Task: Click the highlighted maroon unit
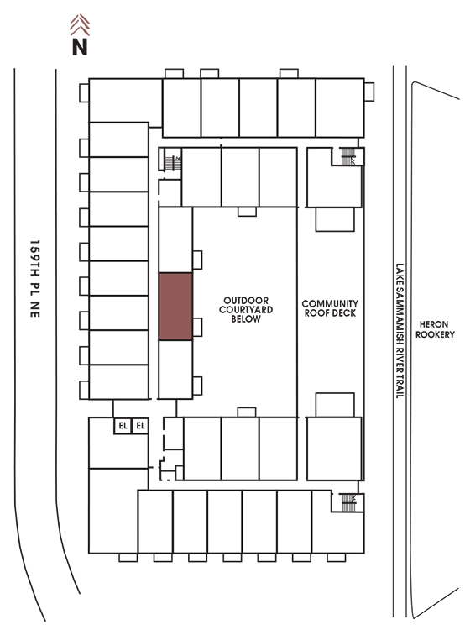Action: (x=175, y=307)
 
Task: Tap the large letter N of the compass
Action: (x=80, y=46)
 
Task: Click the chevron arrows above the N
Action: (x=80, y=25)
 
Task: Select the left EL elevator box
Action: (x=123, y=426)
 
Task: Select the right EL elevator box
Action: (x=140, y=426)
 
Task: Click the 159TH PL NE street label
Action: (x=35, y=279)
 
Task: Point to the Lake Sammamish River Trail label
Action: (x=400, y=331)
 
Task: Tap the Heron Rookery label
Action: (x=435, y=329)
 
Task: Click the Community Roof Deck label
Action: (x=330, y=308)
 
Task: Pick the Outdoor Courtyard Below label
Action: (x=246, y=310)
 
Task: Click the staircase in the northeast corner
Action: (x=347, y=156)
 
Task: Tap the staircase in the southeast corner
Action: (x=348, y=502)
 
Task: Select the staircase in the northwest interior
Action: (x=173, y=163)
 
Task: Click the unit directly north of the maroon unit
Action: (x=175, y=240)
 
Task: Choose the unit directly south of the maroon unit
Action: (x=175, y=370)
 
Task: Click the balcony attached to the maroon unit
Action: (x=197, y=327)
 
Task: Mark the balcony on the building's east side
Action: (x=369, y=92)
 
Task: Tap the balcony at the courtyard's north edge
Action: (x=247, y=212)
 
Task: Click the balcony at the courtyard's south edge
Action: (x=247, y=412)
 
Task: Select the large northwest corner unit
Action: (x=125, y=101)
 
